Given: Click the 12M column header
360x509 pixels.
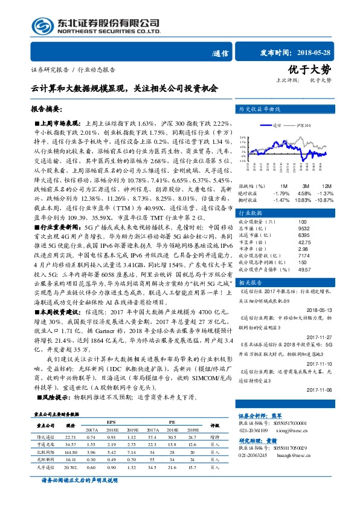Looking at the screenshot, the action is (326, 186).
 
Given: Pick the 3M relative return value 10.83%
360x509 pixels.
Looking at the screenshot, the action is (303, 199).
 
